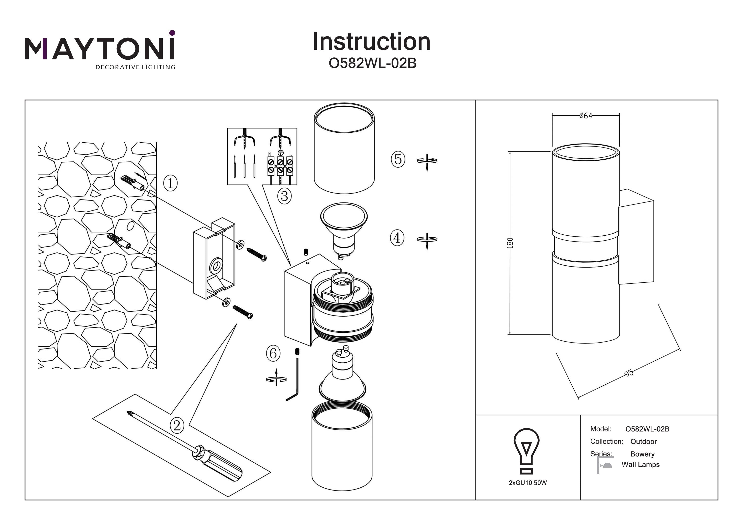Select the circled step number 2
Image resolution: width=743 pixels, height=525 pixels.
tap(177, 425)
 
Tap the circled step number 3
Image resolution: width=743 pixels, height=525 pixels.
tap(285, 196)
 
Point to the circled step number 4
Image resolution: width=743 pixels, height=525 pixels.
tap(397, 238)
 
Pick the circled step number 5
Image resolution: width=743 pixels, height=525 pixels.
tap(398, 159)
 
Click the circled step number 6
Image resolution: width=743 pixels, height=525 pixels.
tap(273, 353)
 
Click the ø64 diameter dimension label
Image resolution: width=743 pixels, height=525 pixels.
tap(585, 116)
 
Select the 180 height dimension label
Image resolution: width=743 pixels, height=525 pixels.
tap(510, 243)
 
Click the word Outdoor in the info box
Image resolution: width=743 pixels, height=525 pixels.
tap(643, 442)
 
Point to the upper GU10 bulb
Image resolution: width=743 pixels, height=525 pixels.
tap(344, 226)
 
